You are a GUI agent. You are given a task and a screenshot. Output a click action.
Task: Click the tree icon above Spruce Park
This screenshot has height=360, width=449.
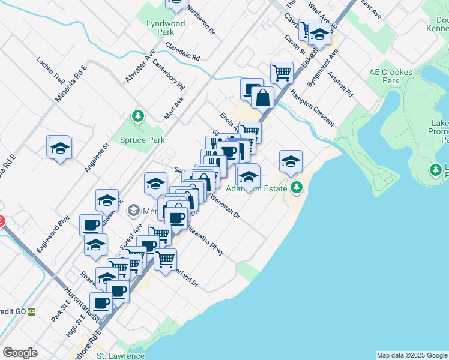tap(139, 115)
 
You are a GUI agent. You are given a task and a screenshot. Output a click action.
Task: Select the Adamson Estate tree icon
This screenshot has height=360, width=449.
tap(296, 188)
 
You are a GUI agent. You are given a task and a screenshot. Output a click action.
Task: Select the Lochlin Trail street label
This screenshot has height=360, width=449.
tap(50, 71)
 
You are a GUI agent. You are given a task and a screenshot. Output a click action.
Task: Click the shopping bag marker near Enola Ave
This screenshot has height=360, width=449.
tap(263, 97)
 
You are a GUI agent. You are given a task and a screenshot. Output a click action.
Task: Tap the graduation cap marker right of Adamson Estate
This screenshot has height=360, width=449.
tap(291, 161)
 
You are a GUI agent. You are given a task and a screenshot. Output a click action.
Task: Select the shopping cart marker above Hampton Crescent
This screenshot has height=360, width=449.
tap(282, 73)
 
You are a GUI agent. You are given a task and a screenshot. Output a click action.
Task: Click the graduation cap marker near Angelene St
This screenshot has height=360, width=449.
tap(59, 148)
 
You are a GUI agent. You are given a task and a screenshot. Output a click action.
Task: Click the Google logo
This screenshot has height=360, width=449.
tap(20, 353)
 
